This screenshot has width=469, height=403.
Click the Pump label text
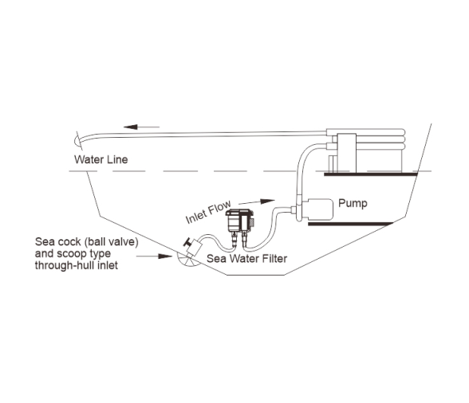(x=353, y=203)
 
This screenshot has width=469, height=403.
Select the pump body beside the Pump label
(x=317, y=209)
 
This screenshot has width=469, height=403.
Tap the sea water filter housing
(x=239, y=221)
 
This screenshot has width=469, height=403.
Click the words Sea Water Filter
(x=246, y=258)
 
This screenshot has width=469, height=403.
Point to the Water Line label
(x=100, y=159)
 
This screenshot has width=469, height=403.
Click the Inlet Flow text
(x=208, y=212)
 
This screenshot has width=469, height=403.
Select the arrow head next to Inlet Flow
(x=267, y=201)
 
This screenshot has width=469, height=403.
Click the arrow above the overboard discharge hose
(x=141, y=127)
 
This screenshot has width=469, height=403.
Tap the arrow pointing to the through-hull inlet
(x=155, y=256)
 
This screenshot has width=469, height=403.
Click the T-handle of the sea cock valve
(x=188, y=241)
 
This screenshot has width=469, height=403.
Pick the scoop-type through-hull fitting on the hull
(x=188, y=260)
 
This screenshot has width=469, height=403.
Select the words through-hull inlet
(x=77, y=265)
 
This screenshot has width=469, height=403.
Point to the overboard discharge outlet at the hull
(x=77, y=140)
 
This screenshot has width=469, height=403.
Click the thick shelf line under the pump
(x=351, y=224)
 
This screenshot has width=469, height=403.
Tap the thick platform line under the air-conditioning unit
(x=371, y=174)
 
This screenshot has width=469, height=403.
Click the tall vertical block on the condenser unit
(x=347, y=153)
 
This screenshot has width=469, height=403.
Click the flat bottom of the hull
(x=255, y=275)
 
